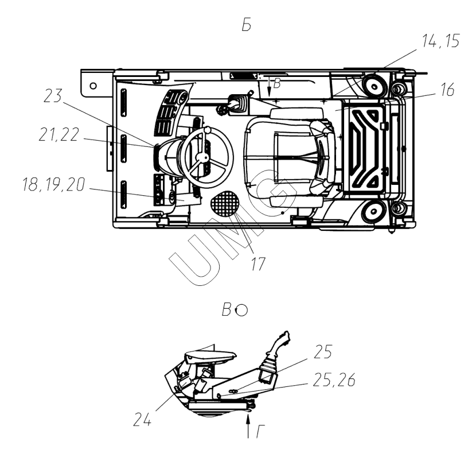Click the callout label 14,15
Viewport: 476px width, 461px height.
[441, 41]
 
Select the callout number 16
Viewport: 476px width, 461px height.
[446, 90]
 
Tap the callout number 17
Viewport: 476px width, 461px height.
[258, 264]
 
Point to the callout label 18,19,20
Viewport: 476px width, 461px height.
[54, 184]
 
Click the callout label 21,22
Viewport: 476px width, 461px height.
[59, 134]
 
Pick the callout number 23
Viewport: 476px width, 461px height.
[53, 95]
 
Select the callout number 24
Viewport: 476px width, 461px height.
[142, 420]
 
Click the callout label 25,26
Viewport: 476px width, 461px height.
[334, 380]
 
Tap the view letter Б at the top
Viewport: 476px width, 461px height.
[247, 25]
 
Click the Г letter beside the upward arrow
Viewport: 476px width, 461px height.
[260, 432]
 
